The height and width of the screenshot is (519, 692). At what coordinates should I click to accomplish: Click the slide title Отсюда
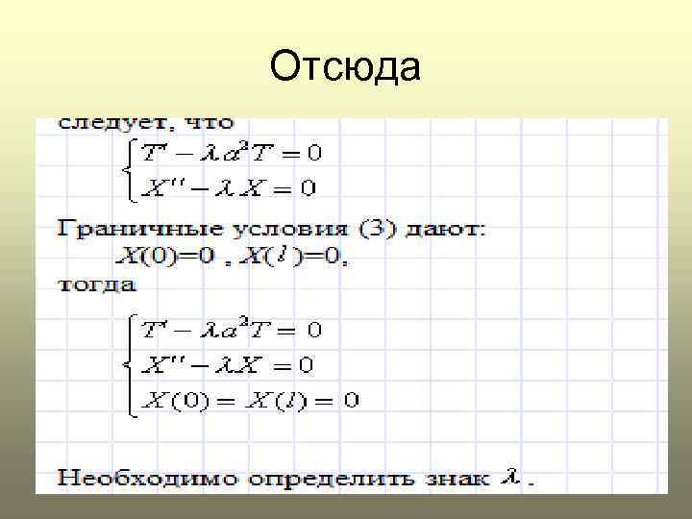coord(345,67)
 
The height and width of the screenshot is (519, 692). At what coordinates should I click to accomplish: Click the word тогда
coord(97,284)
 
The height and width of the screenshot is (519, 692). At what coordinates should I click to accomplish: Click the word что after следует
coord(206,124)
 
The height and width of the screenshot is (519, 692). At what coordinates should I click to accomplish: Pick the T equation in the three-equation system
coord(232,330)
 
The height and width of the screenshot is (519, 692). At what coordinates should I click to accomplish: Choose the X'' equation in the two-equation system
coord(228,187)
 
